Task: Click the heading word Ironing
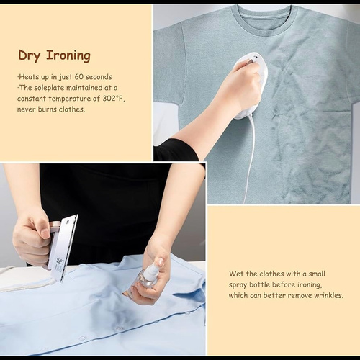(68, 55)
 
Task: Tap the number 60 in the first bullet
(78, 77)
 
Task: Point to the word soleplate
(49, 88)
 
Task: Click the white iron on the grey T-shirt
(250, 84)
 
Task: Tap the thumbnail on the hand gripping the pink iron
(45, 233)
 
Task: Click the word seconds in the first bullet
(99, 77)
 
